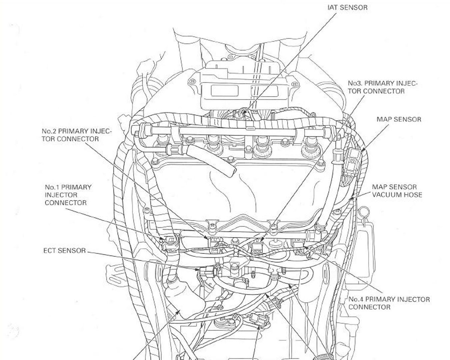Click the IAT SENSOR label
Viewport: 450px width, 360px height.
[x=347, y=7]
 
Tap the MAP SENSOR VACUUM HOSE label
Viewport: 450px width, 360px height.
[x=397, y=191]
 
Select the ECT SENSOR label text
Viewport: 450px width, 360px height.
[x=64, y=250]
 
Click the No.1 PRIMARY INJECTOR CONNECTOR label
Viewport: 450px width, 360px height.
[x=68, y=195]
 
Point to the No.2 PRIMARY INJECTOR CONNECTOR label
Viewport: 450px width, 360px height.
[x=76, y=135]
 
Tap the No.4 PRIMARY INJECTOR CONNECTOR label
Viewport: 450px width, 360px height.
[x=389, y=303]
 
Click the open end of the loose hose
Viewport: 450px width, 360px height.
[x=232, y=172]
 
